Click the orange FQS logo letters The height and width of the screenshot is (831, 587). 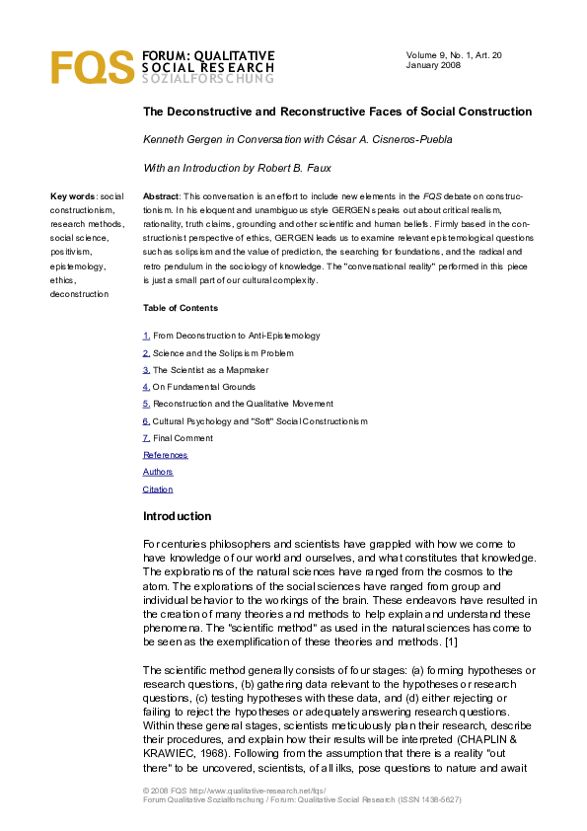[92, 67]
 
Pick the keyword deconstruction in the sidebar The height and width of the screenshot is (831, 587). [81, 294]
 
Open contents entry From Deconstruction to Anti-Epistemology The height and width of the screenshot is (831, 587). [236, 336]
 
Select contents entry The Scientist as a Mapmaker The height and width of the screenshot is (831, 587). [210, 370]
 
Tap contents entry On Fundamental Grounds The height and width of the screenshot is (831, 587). [204, 387]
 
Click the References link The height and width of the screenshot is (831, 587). [165, 455]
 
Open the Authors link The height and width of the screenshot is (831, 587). [158, 472]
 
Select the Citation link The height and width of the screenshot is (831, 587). [158, 490]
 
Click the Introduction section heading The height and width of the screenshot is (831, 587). [178, 516]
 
